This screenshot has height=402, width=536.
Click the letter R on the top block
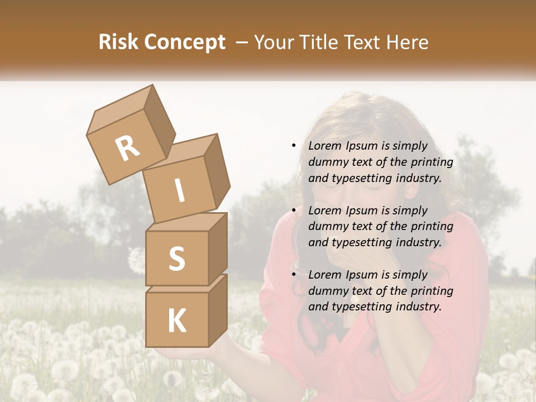[127, 148]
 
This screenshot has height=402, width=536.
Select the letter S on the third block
[176, 259]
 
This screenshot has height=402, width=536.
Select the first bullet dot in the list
[294, 146]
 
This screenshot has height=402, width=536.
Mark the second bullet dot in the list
[294, 210]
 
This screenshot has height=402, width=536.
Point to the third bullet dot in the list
[294, 275]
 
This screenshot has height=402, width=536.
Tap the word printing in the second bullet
[432, 227]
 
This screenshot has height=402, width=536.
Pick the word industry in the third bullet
[417, 307]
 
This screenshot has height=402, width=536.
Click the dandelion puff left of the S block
[136, 260]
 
